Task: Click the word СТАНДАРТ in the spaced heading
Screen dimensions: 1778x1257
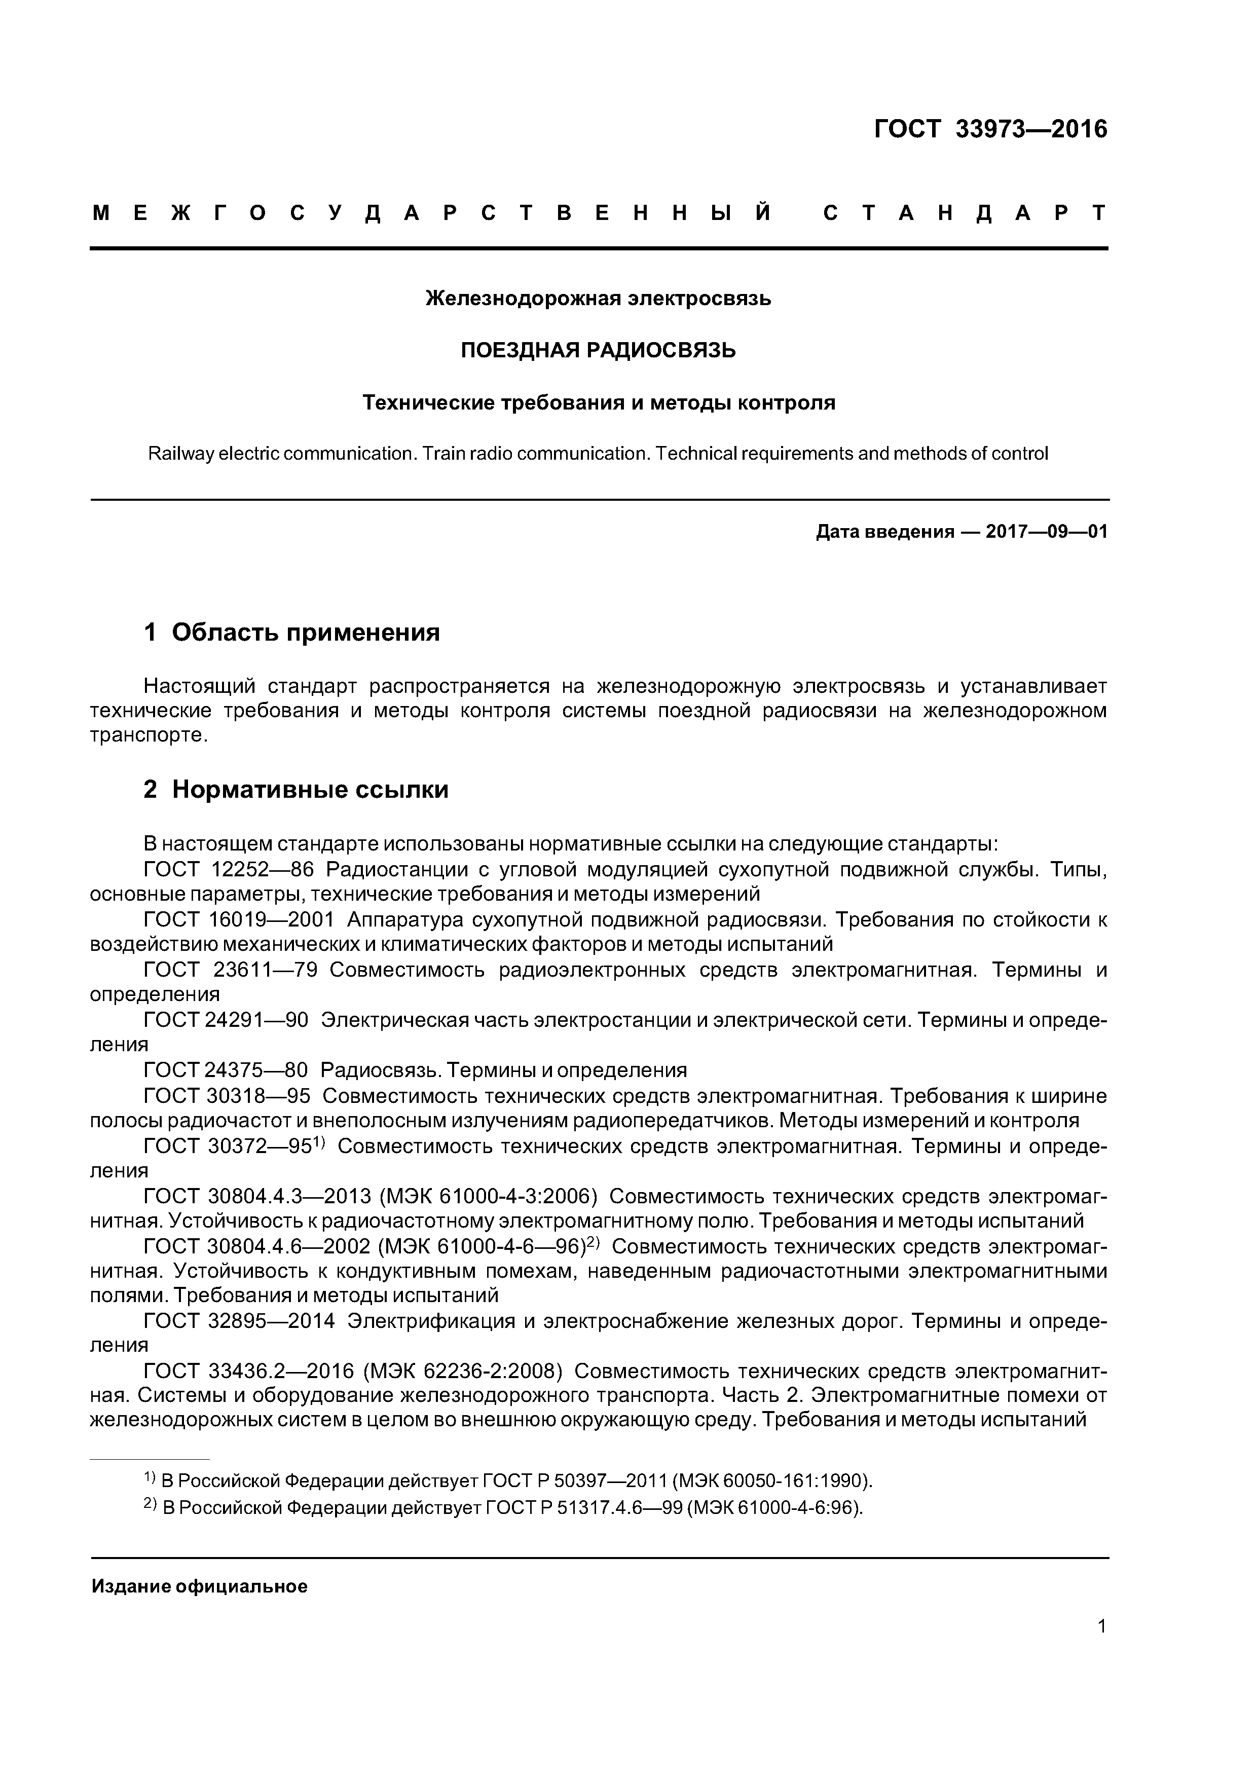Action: [x=964, y=214]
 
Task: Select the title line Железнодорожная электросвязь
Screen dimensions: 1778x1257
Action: [x=598, y=298]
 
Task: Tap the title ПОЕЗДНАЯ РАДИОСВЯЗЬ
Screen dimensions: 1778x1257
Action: [x=598, y=351]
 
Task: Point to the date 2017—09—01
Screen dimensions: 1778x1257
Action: [x=1046, y=532]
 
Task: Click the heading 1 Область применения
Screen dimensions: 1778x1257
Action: [x=291, y=633]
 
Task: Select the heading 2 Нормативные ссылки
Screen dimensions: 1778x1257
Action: [x=296, y=790]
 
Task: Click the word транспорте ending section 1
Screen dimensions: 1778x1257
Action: [x=148, y=735]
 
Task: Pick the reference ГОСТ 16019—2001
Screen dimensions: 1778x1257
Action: [x=239, y=920]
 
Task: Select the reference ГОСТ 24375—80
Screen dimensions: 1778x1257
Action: [x=226, y=1071]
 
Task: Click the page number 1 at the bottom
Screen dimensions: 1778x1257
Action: [x=1101, y=1626]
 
